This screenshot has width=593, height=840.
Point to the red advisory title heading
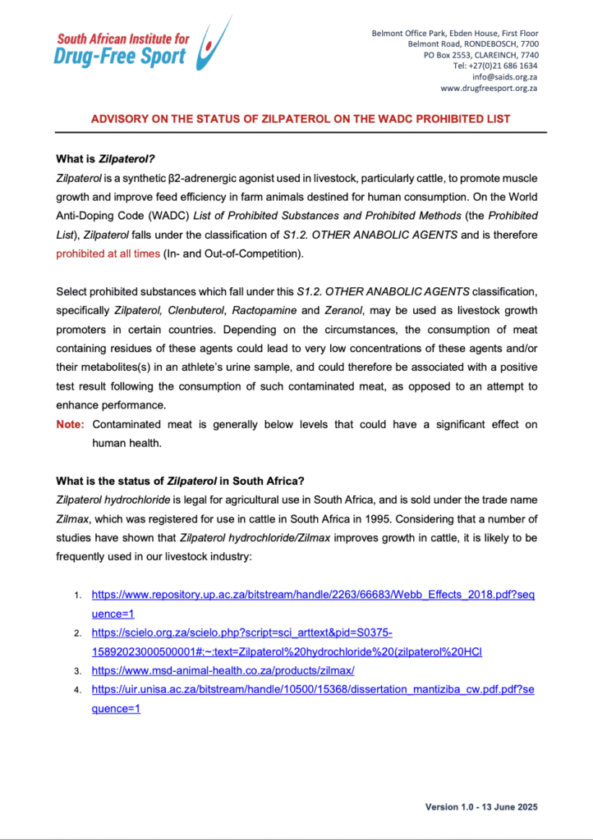tap(300, 119)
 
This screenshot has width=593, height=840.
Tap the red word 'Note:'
tap(70, 424)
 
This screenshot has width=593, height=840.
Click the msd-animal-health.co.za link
tap(223, 670)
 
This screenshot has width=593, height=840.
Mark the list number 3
tap(78, 671)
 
